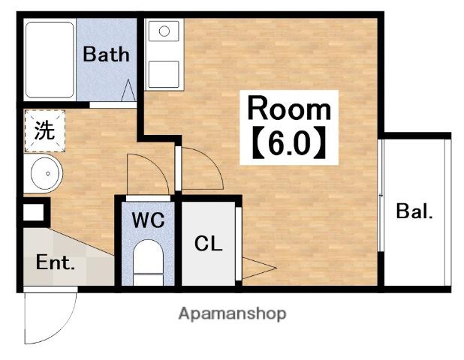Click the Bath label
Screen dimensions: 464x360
click(106, 55)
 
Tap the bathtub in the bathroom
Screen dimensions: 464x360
click(50, 60)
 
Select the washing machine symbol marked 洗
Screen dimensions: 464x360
click(45, 130)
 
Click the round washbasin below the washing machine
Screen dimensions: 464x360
click(47, 173)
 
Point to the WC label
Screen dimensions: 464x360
click(148, 220)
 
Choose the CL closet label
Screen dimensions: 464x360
click(209, 244)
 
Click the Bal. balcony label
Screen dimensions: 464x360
click(414, 211)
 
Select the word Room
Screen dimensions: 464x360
click(289, 109)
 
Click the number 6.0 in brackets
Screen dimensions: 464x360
click(289, 142)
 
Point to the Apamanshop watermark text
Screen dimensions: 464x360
click(233, 314)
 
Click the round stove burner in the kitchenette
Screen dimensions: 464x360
click(164, 31)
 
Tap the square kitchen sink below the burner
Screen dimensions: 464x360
click(164, 74)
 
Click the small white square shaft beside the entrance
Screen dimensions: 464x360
click(33, 212)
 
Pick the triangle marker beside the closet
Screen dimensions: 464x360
click(260, 268)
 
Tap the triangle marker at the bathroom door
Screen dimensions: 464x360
click(128, 90)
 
